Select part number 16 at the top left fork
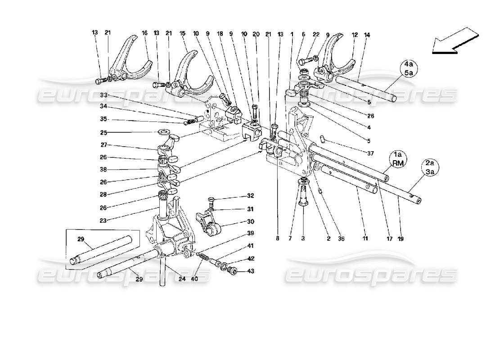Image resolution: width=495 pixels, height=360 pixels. click(x=145, y=32)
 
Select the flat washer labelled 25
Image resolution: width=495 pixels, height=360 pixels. click(x=164, y=132)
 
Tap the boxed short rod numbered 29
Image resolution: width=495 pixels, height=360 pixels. click(x=104, y=252)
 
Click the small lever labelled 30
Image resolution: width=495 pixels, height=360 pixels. click(x=210, y=222)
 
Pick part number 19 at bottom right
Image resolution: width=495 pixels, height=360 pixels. click(x=400, y=239)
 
